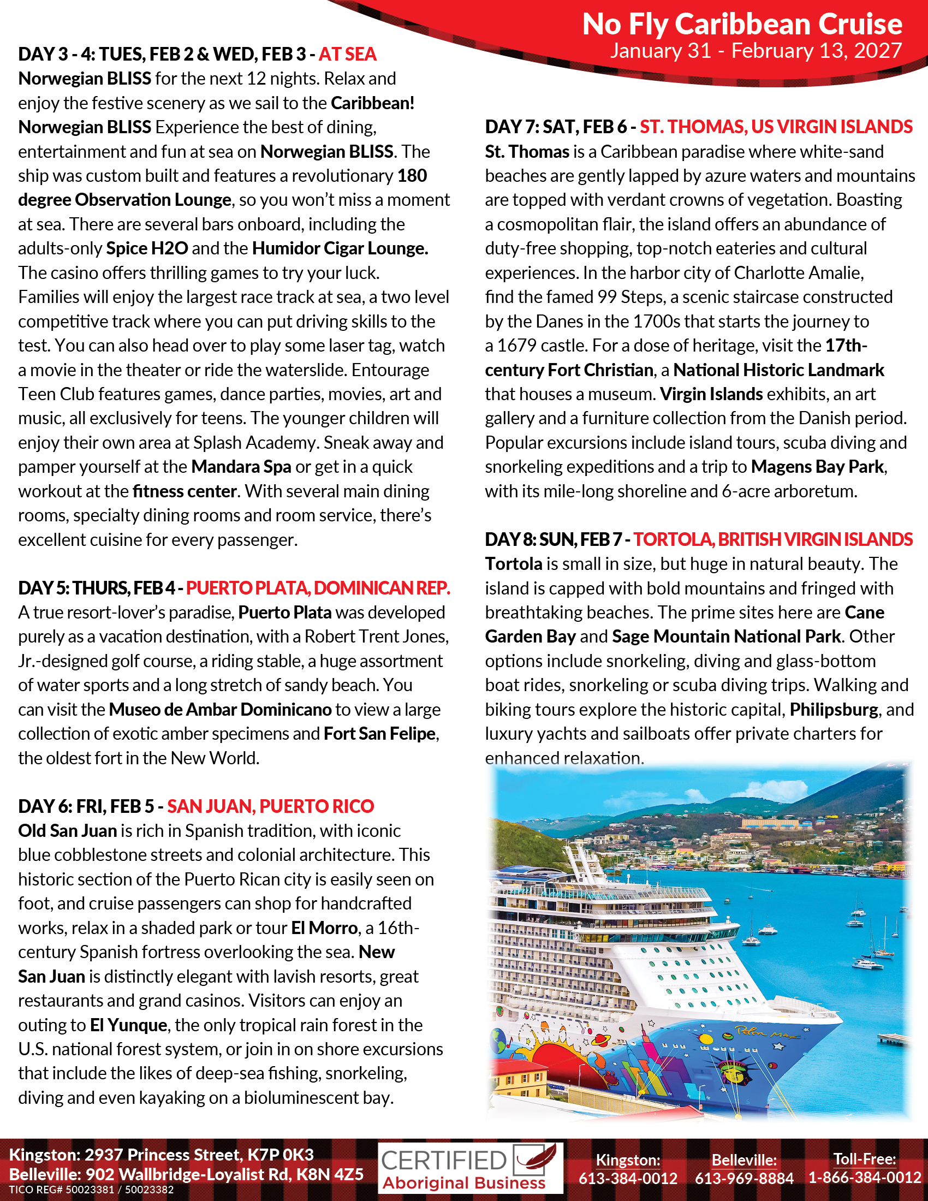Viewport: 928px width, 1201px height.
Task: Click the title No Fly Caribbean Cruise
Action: [742, 24]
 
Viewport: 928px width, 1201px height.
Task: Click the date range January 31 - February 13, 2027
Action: [756, 51]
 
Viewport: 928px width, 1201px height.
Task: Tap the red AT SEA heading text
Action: [347, 55]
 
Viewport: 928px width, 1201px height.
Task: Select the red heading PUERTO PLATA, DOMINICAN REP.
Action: [318, 588]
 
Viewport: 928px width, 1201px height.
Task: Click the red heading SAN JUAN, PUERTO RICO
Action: [270, 806]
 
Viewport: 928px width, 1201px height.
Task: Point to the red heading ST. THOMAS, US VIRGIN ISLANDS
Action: [776, 127]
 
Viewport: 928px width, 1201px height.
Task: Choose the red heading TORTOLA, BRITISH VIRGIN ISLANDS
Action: [772, 539]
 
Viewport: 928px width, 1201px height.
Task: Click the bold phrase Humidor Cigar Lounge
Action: [340, 248]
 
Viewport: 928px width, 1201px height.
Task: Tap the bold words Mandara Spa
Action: [241, 467]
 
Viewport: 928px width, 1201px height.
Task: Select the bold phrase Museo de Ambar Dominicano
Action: [220, 709]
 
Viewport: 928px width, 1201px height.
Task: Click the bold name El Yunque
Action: [129, 1025]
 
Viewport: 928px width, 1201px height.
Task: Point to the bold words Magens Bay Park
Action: [818, 467]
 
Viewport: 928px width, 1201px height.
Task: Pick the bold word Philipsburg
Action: [834, 709]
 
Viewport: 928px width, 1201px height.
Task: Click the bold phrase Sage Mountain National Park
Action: [725, 636]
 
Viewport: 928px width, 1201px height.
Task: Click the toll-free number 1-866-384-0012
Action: [864, 1178]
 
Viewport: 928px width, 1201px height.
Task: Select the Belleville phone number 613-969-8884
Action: [744, 1178]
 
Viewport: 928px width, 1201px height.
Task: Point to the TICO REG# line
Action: [91, 1190]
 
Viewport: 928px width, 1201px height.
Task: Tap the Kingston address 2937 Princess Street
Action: [161, 1154]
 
